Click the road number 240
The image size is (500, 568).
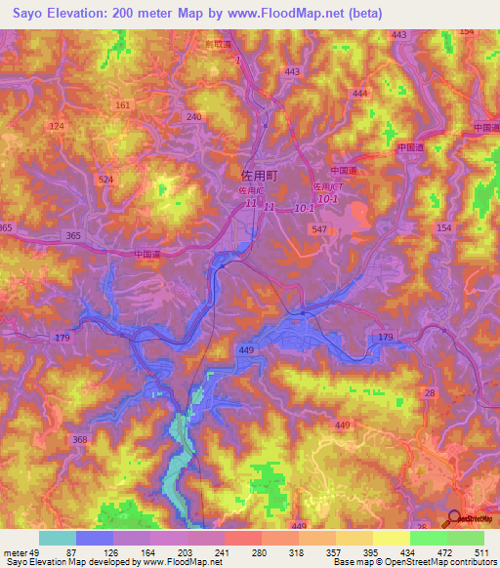click(193, 116)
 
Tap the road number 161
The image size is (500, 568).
click(122, 104)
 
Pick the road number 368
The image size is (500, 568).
click(79, 439)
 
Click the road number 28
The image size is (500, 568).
click(431, 391)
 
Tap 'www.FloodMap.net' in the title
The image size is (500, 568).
click(290, 13)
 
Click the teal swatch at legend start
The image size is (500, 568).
click(57, 538)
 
